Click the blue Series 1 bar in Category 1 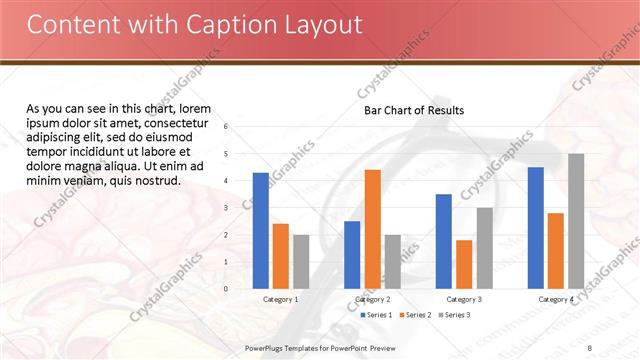[261, 231]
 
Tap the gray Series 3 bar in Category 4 [576, 221]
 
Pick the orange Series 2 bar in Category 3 [464, 264]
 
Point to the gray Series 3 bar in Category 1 [301, 262]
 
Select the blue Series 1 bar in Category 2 [352, 255]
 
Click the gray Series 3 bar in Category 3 [484, 248]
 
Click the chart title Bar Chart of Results [413, 110]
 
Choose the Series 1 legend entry [375, 315]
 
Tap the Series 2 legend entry [415, 315]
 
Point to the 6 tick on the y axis [226, 127]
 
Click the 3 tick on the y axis [226, 208]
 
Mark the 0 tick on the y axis [226, 289]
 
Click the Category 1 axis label [280, 299]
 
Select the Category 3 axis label [464, 299]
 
